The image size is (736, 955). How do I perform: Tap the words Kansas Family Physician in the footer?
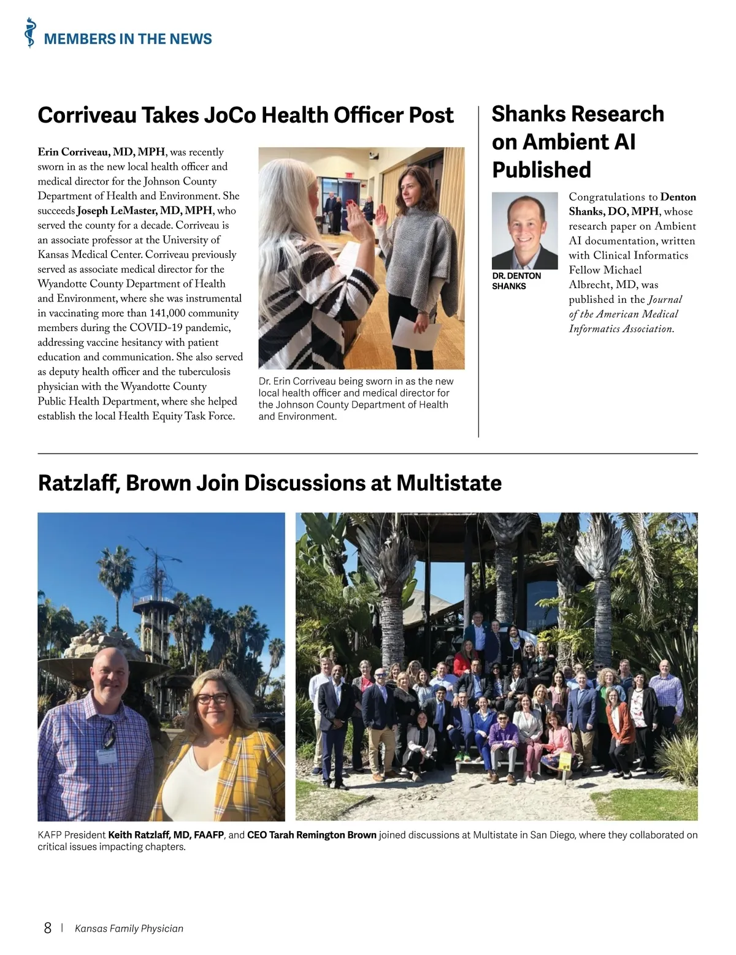click(129, 928)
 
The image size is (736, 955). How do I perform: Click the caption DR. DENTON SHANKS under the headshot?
click(516, 281)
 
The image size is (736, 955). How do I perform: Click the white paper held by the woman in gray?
click(416, 332)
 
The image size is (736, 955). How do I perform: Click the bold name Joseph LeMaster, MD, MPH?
click(145, 211)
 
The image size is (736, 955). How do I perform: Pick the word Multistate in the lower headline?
click(448, 483)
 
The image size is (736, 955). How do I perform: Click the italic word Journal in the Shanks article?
click(665, 300)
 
